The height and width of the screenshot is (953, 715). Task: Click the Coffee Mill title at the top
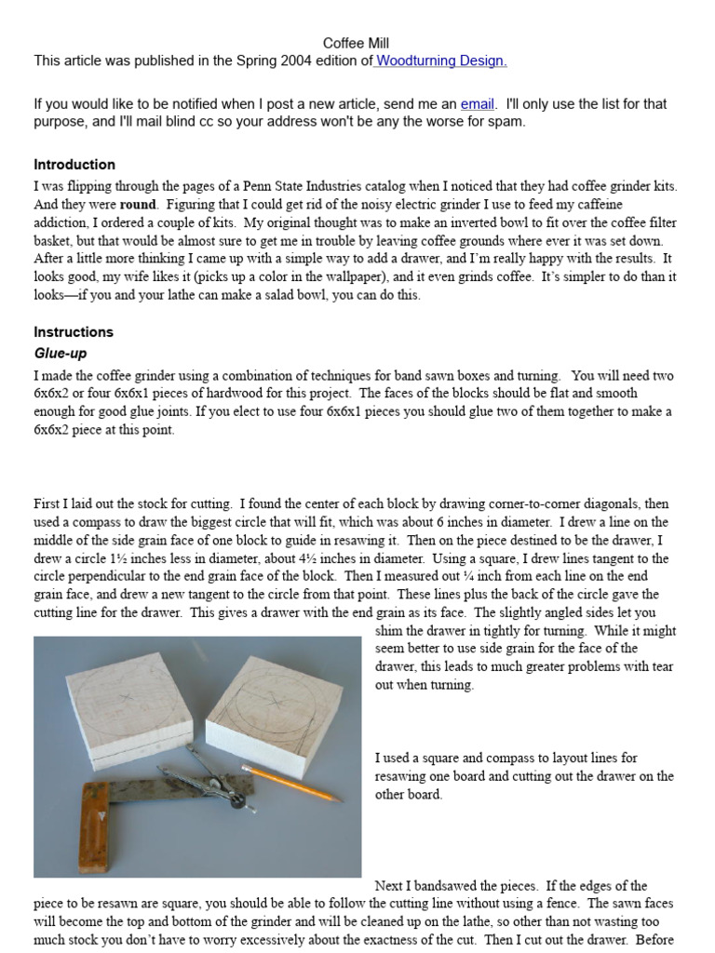[x=356, y=44]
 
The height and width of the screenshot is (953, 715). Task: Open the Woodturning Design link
[x=441, y=61]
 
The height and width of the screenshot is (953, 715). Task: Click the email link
[x=477, y=104]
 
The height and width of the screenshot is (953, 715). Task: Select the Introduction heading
[x=74, y=165]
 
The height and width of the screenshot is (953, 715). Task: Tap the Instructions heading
[x=74, y=332]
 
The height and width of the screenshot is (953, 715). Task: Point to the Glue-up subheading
[x=61, y=354]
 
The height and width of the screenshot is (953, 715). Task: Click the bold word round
[x=138, y=205]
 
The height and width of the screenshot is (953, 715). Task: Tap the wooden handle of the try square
[x=94, y=827]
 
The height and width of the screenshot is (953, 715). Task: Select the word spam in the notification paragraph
[x=507, y=122]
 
